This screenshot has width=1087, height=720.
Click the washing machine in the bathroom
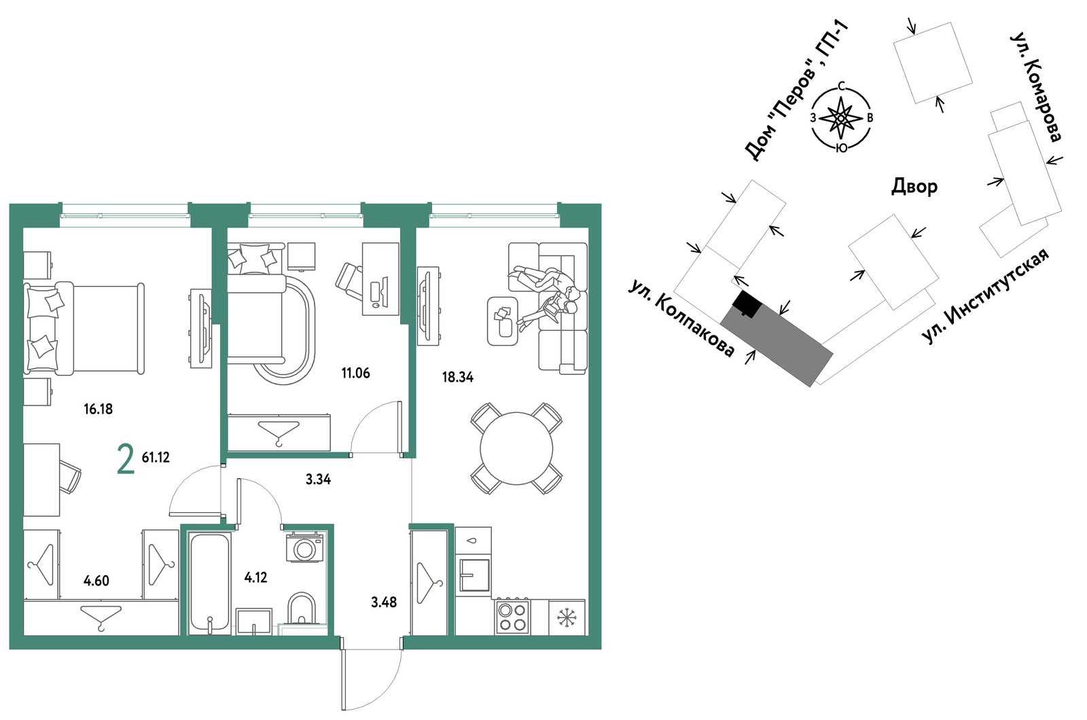305,547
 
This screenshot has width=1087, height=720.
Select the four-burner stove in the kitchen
512,617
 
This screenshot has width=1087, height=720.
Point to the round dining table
516,448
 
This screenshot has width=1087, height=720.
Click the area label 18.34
458,377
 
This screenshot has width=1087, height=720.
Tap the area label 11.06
355,373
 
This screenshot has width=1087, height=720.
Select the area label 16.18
98,409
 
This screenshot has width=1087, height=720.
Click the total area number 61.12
156,457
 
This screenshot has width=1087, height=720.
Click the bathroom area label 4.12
255,577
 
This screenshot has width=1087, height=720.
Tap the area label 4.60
96,580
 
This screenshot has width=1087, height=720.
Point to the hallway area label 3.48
384,602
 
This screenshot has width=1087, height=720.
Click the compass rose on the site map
842,118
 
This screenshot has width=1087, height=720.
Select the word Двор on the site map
914,186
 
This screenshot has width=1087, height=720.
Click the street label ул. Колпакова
681,319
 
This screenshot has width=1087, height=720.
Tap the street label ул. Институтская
985,296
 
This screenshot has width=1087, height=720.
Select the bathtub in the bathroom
209,583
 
